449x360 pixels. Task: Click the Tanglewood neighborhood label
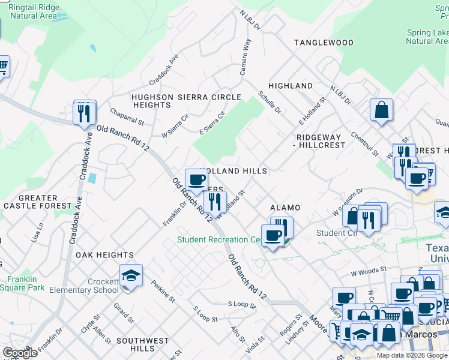323,43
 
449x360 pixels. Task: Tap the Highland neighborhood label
291,86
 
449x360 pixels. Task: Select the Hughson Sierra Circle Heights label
186,101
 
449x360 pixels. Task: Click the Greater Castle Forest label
30,202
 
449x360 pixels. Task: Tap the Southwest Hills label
143,344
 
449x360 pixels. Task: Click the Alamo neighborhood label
285,208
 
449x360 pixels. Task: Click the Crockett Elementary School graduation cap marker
131,276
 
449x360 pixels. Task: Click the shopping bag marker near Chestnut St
381,110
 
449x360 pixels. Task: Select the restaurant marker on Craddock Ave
85,112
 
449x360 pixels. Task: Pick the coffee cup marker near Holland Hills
196,180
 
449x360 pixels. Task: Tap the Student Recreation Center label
219,240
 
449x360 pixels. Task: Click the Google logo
20,353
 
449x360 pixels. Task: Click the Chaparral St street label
127,117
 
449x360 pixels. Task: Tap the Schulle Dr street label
270,102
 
